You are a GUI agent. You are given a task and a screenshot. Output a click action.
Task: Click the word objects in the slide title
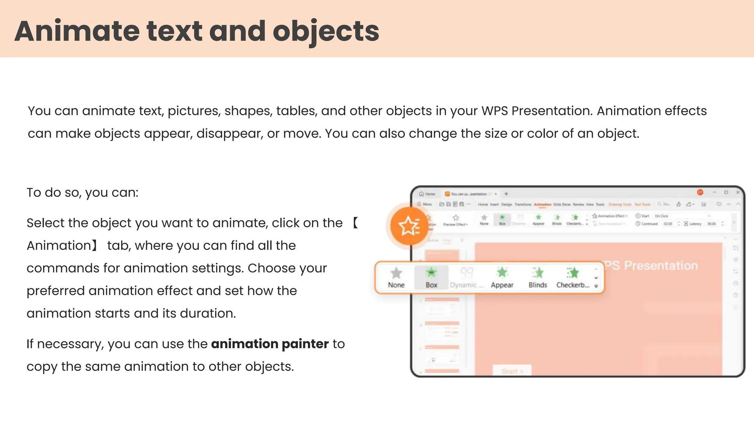point(326,31)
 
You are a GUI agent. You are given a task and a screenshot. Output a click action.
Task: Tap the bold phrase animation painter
point(270,344)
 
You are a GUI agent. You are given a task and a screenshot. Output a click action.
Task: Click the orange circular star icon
point(409,226)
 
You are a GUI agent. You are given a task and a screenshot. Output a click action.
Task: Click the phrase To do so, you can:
point(82,192)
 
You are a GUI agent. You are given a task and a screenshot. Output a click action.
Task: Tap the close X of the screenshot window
point(738,192)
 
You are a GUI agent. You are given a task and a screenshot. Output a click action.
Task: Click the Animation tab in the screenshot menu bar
point(543,204)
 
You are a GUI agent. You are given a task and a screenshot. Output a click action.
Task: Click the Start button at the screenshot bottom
point(512,371)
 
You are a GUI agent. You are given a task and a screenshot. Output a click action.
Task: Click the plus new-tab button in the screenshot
point(506,194)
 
